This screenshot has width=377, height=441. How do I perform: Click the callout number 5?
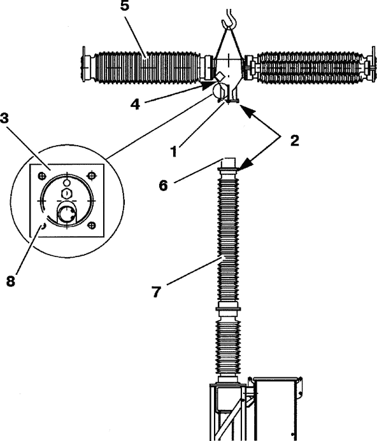[x=124, y=6]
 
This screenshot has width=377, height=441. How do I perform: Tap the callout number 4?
[x=135, y=104]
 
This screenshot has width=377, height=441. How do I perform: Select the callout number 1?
[x=174, y=151]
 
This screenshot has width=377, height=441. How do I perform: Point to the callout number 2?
[x=294, y=141]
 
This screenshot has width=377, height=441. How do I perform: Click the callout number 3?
[x=4, y=118]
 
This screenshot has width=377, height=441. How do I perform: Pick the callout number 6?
[x=163, y=186]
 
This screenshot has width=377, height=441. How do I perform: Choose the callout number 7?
[x=156, y=292]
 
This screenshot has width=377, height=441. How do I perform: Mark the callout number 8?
[x=10, y=281]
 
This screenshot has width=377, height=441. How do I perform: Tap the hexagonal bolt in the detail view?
[x=66, y=193]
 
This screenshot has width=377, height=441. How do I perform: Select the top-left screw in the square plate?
[x=41, y=176]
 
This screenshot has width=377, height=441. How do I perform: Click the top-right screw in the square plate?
[x=90, y=176]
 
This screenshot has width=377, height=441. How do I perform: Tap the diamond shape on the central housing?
[x=220, y=76]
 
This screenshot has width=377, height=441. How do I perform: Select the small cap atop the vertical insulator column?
[x=229, y=162]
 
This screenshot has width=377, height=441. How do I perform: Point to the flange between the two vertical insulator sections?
[x=229, y=309]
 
